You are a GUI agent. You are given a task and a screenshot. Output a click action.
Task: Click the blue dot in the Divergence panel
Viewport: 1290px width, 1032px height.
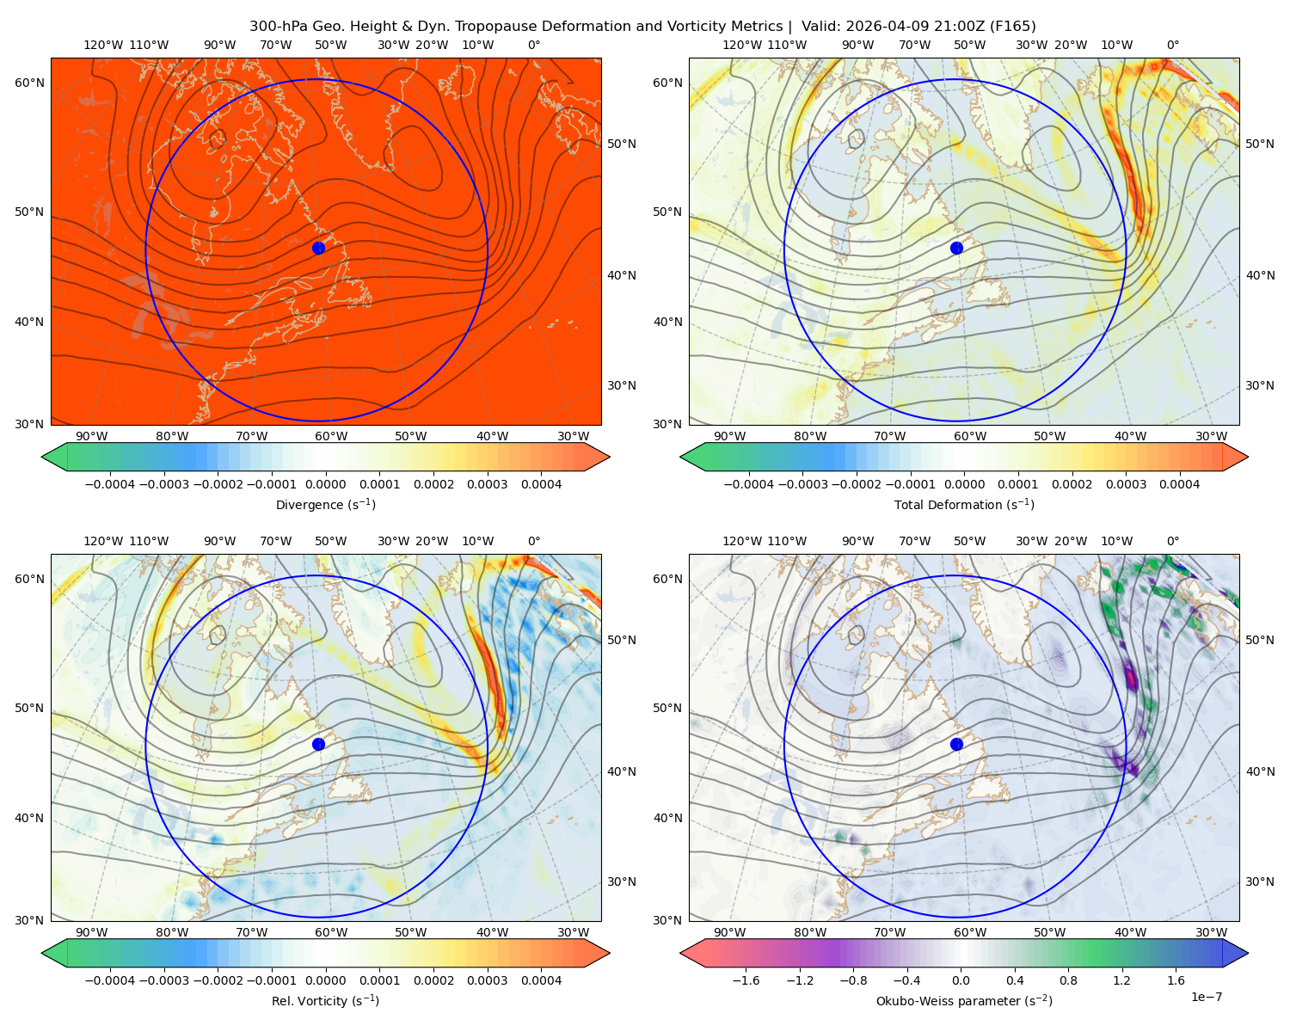click(318, 248)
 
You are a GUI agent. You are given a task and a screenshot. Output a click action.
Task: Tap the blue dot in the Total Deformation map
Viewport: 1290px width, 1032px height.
click(956, 248)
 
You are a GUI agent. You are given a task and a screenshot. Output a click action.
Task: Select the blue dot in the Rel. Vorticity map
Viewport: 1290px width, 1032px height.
click(318, 744)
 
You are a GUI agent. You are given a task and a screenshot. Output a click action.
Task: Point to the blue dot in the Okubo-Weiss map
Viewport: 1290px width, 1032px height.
click(956, 744)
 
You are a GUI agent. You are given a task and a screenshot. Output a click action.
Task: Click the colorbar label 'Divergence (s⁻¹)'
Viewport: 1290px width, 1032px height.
click(325, 504)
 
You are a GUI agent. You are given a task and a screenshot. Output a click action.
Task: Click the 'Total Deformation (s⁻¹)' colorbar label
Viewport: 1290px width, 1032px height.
click(964, 504)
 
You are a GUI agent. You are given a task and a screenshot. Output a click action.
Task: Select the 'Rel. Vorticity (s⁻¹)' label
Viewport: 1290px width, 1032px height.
click(325, 1000)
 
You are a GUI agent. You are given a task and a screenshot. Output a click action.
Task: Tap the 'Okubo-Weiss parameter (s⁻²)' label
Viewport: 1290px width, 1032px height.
click(964, 1000)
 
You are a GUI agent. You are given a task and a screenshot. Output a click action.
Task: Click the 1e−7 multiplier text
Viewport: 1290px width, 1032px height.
click(1206, 997)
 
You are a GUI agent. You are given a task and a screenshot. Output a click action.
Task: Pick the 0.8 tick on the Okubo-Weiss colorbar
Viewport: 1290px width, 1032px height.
click(1068, 980)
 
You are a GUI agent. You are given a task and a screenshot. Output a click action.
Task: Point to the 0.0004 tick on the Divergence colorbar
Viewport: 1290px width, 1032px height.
click(541, 484)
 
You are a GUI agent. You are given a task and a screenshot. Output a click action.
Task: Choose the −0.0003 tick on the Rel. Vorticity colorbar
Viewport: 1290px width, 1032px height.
click(164, 980)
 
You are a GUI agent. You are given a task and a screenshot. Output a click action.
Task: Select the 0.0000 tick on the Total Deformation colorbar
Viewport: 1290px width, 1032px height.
click(964, 484)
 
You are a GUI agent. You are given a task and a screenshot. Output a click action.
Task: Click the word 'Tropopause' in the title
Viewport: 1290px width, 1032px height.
click(488, 27)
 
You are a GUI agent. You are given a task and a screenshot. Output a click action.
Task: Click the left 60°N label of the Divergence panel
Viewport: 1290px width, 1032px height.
click(29, 83)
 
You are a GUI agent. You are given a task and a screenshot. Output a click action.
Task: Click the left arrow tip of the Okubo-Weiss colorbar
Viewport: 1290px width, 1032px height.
click(680, 953)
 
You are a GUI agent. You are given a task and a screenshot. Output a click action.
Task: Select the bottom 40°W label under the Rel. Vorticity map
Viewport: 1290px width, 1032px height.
click(492, 932)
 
